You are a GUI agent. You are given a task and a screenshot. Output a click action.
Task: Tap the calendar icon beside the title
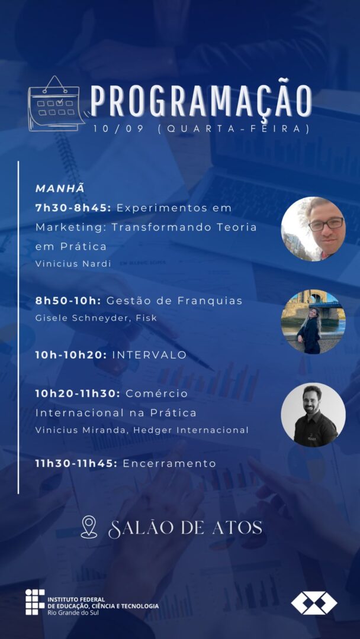56,104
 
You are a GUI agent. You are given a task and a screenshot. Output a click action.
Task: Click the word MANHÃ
60,188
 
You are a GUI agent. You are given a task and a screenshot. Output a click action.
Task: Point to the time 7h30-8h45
73,208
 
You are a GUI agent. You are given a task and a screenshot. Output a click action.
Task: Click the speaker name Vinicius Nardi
73,264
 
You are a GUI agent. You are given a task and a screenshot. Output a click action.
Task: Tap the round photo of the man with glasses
313,229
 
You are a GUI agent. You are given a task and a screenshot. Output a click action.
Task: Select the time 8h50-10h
68,301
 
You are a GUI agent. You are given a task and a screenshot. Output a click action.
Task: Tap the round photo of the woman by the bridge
313,321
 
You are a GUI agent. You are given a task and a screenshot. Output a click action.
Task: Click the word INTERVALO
149,355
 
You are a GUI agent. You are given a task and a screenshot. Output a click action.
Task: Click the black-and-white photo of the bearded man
313,414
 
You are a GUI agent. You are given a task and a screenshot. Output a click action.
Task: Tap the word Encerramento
169,464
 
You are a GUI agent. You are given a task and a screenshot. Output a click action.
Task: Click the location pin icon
89,527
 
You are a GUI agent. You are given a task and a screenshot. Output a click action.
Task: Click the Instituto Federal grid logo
35,602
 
